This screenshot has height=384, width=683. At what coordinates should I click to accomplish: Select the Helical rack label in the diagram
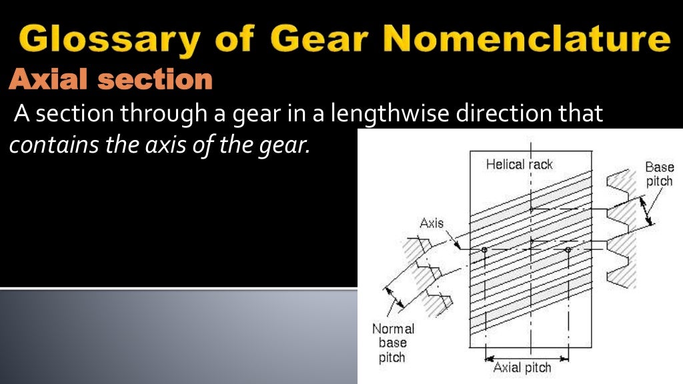pos(519,164)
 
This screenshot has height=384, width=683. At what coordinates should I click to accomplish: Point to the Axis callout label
pos(432,223)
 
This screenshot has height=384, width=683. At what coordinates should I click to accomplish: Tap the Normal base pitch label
pos(393,343)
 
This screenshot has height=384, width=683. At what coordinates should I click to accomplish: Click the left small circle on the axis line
pos(485,250)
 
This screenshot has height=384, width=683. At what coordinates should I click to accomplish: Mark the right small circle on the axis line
pos(568,250)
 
